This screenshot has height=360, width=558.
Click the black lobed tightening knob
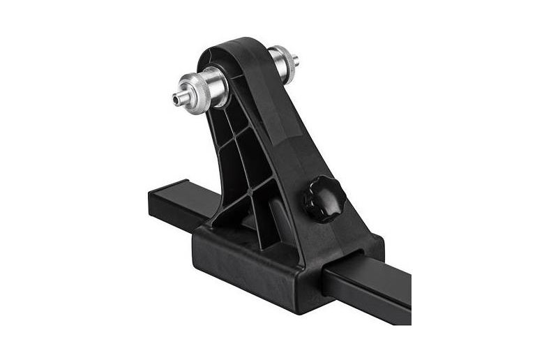point(323,199)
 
